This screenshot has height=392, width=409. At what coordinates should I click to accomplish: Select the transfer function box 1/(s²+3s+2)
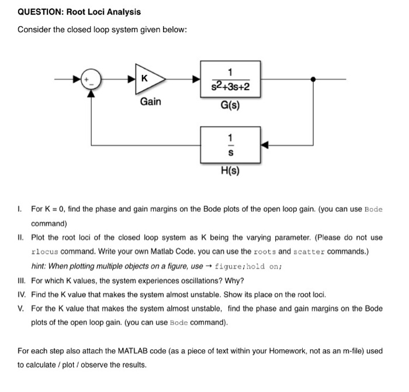pos(230,80)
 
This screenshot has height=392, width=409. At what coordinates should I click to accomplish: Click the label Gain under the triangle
pos(150,102)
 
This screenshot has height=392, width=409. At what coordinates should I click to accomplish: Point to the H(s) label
pos(230,171)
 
